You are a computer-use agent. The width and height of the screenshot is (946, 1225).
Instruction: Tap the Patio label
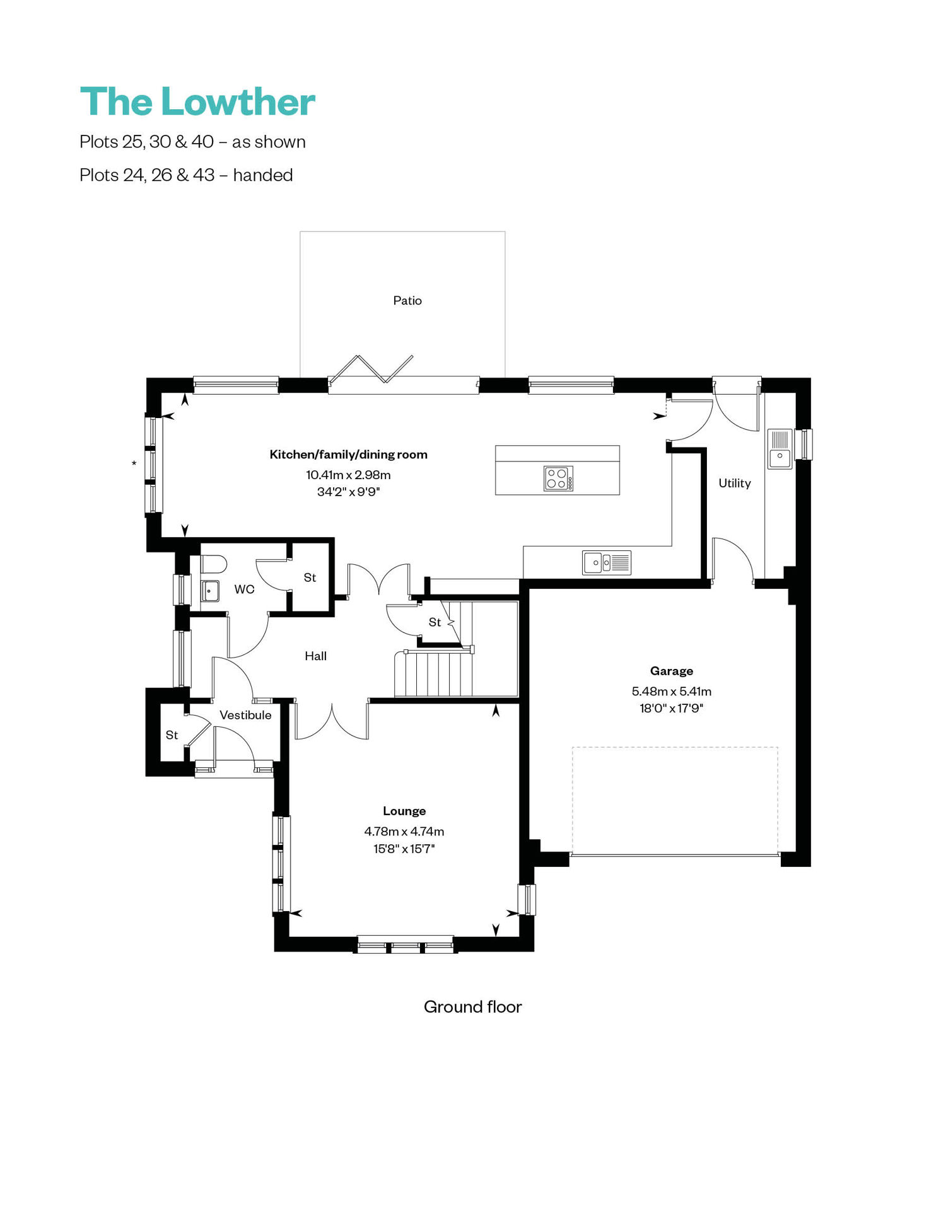[x=407, y=301]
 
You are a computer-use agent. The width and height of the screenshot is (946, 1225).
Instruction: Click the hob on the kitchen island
[x=559, y=478]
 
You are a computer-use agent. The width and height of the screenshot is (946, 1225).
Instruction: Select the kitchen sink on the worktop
[x=606, y=562]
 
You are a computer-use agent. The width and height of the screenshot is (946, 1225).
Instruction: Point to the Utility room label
[x=735, y=483]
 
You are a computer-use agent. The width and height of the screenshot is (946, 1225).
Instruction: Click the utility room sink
[x=780, y=448]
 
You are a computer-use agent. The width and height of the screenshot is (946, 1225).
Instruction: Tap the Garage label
[x=672, y=671]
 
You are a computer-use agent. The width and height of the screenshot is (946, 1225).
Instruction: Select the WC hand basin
[x=210, y=591]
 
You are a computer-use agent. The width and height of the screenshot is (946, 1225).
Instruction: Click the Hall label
[x=316, y=656]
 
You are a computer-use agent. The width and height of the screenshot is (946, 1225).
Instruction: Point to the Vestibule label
[x=245, y=715]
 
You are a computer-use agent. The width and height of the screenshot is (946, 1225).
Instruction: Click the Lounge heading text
[x=404, y=811]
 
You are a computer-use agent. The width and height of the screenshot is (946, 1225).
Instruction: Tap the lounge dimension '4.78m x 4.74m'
[x=404, y=831]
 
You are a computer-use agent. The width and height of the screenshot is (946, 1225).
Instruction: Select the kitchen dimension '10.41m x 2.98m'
[x=348, y=475]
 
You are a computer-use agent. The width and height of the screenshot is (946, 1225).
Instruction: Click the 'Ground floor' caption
[x=473, y=1006]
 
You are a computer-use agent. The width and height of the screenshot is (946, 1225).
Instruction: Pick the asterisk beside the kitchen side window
[x=134, y=464]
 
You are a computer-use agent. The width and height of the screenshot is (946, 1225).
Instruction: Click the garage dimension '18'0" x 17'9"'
[x=672, y=708]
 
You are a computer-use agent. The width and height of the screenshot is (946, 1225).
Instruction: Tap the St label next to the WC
[x=310, y=578]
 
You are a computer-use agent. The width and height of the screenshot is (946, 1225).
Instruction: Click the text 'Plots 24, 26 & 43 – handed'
[x=186, y=175]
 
